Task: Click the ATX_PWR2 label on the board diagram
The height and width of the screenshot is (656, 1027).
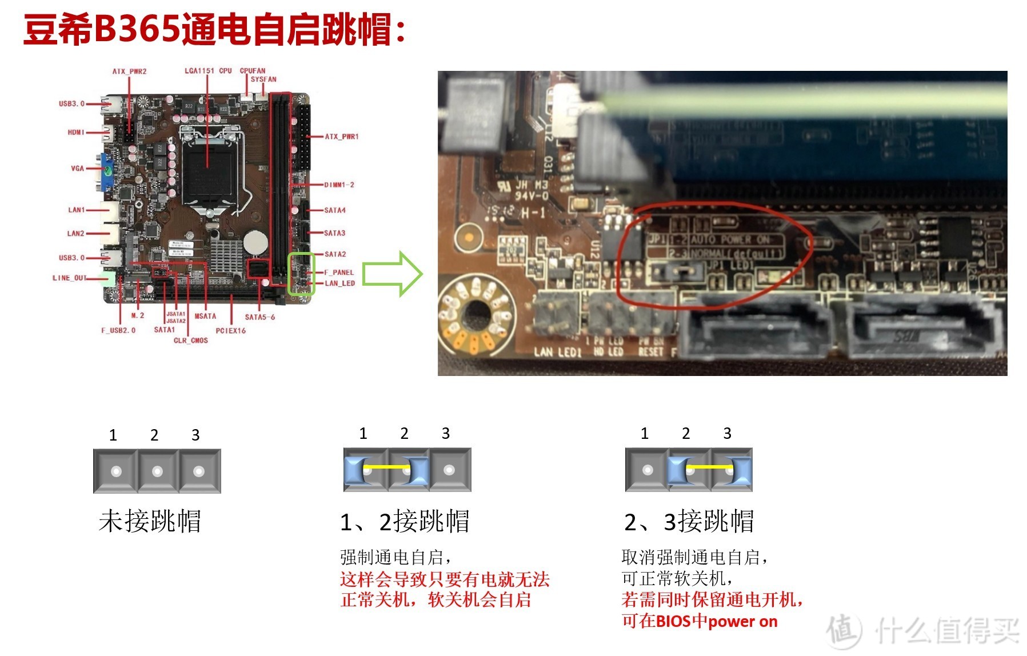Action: tap(129, 71)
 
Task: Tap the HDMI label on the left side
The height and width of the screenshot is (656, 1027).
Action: tap(76, 133)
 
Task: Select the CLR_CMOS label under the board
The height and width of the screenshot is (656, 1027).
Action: tap(191, 341)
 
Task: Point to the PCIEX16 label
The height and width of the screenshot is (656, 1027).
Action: tap(230, 331)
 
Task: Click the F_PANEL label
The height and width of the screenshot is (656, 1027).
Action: tap(339, 273)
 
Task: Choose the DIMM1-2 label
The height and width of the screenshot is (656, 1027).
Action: tap(339, 185)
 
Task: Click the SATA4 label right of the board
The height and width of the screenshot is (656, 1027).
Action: tap(335, 210)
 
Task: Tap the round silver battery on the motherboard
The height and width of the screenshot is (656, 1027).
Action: tap(255, 242)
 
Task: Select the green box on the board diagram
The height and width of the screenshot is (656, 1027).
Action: tap(301, 274)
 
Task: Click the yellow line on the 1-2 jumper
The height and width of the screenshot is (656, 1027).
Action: tap(387, 467)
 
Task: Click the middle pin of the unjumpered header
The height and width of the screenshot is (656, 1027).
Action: tap(157, 471)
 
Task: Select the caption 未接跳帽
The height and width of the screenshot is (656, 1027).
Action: tap(150, 521)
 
